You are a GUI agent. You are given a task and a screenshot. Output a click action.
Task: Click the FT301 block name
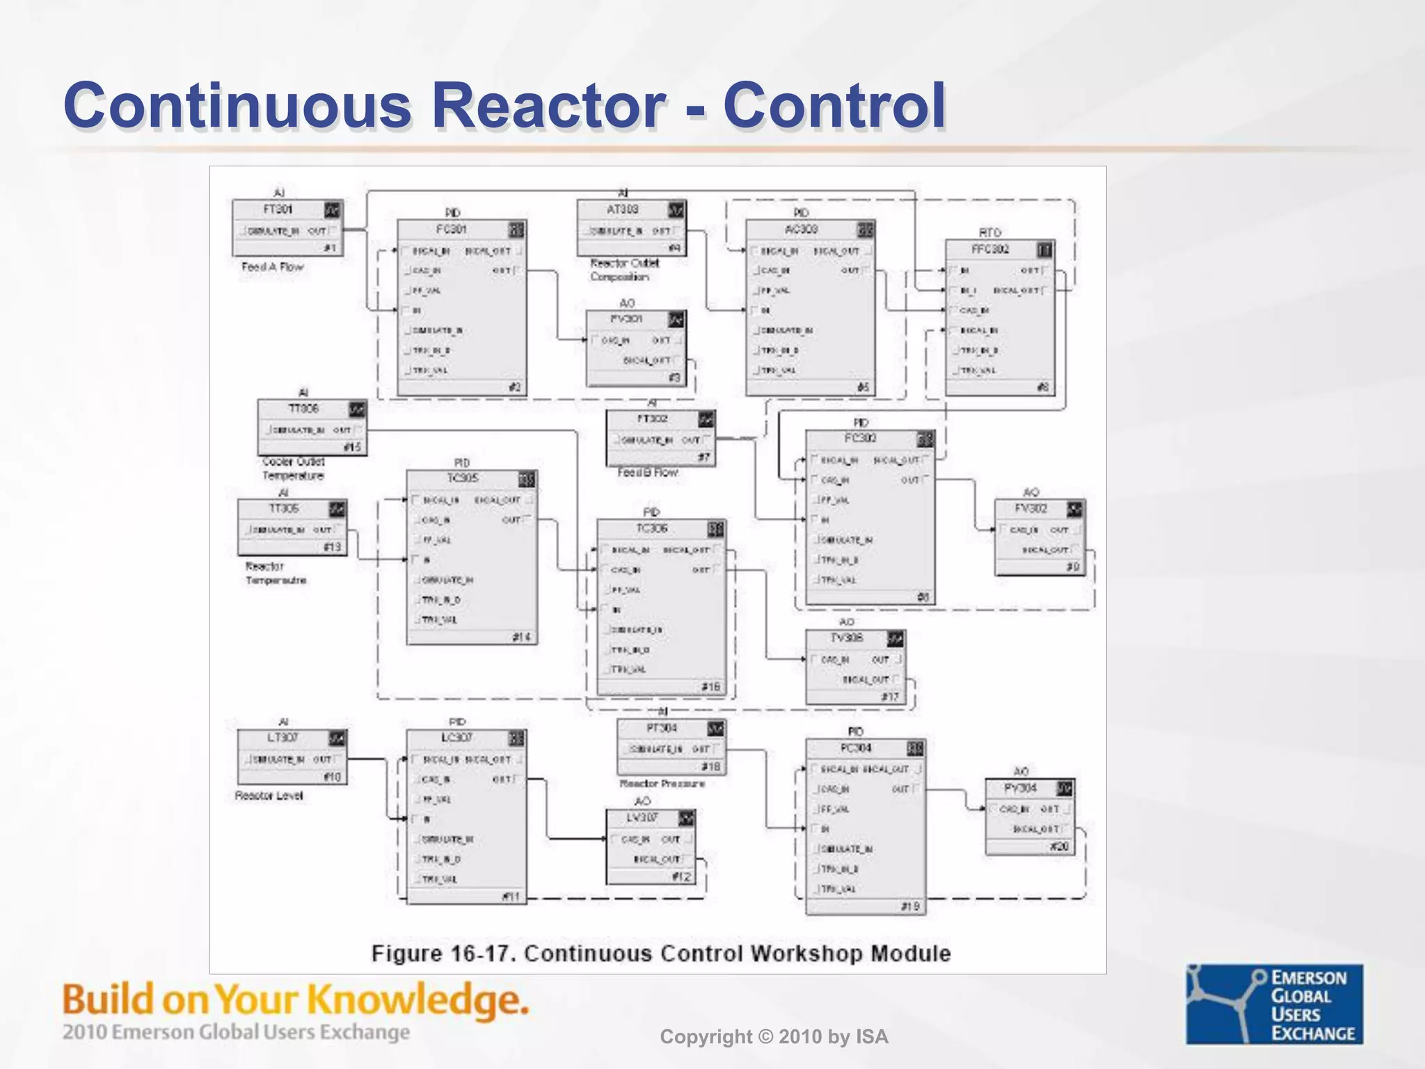[x=278, y=209]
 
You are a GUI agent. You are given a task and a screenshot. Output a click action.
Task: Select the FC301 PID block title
[x=451, y=230]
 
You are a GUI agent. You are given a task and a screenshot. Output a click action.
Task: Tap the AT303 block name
[x=622, y=209]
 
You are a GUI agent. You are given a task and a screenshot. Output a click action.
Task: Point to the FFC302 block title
[x=989, y=249]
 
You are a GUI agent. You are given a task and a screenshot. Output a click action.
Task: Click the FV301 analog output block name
[x=626, y=319]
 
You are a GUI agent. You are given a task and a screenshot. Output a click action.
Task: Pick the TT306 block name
[x=303, y=409]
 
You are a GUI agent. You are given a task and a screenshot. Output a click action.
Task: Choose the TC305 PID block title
[x=462, y=479]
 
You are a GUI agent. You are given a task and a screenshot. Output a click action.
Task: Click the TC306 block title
[x=651, y=529]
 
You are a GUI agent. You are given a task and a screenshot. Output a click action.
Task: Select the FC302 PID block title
[x=860, y=438]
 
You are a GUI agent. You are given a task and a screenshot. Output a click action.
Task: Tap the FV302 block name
[x=1030, y=509]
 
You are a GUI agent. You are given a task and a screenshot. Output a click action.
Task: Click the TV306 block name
[x=846, y=638]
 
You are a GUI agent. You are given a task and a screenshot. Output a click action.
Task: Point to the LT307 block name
[x=282, y=738]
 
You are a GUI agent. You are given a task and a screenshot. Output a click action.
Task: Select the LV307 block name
[x=642, y=818]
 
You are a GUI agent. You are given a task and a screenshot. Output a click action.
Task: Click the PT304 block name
[x=661, y=728]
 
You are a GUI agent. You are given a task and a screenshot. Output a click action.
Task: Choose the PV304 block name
[x=1020, y=789]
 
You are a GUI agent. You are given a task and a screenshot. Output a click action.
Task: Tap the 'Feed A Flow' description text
[x=273, y=267]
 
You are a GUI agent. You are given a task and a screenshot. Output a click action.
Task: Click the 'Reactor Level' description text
[x=269, y=795]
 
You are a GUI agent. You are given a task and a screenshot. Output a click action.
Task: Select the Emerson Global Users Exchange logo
[x=1274, y=1004]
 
